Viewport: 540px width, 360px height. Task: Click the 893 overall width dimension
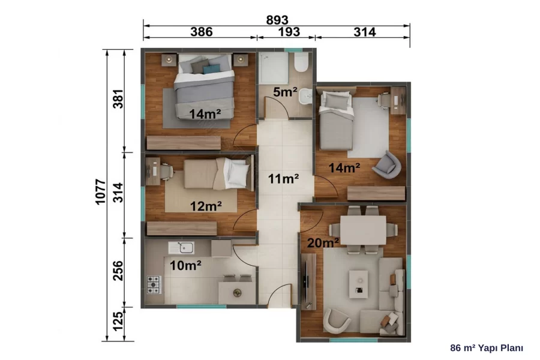click(277, 20)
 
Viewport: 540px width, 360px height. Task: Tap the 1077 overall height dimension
click(100, 192)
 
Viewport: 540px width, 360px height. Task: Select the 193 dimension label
click(289, 32)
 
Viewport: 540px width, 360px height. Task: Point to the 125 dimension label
click(118, 321)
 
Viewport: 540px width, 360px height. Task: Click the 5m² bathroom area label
click(285, 92)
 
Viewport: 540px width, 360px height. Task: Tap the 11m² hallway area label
click(283, 179)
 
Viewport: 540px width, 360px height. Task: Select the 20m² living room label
click(323, 243)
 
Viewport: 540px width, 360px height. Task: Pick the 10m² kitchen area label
click(185, 265)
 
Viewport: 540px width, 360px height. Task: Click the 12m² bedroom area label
click(206, 206)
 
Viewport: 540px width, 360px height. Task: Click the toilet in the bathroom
click(301, 62)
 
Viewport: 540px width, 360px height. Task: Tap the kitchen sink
click(181, 247)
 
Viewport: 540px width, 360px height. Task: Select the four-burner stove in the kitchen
click(154, 284)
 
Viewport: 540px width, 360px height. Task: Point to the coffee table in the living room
click(359, 284)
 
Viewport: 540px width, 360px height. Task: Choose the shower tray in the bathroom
click(274, 68)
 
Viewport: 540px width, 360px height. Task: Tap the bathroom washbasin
click(305, 97)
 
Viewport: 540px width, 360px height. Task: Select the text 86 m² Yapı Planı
click(487, 348)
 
